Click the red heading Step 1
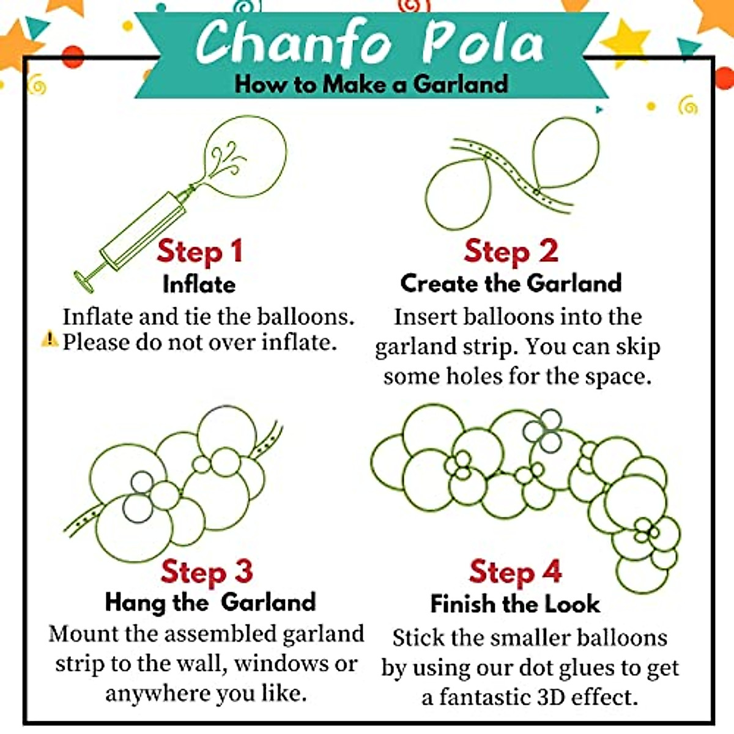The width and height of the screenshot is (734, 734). (199, 251)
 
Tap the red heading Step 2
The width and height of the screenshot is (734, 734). (511, 251)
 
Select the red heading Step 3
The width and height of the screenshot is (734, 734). (206, 572)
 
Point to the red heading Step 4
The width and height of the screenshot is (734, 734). (515, 573)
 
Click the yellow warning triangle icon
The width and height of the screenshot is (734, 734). (50, 338)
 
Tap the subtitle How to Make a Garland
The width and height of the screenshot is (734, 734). (371, 84)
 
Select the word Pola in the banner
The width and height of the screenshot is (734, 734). (483, 43)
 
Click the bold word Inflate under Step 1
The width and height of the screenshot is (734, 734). (199, 284)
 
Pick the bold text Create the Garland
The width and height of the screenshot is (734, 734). (511, 283)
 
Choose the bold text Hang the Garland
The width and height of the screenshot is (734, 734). (210, 602)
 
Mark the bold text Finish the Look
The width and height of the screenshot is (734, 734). (515, 604)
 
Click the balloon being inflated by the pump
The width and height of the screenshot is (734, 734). (248, 156)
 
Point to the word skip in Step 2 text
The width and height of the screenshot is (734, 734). (637, 347)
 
